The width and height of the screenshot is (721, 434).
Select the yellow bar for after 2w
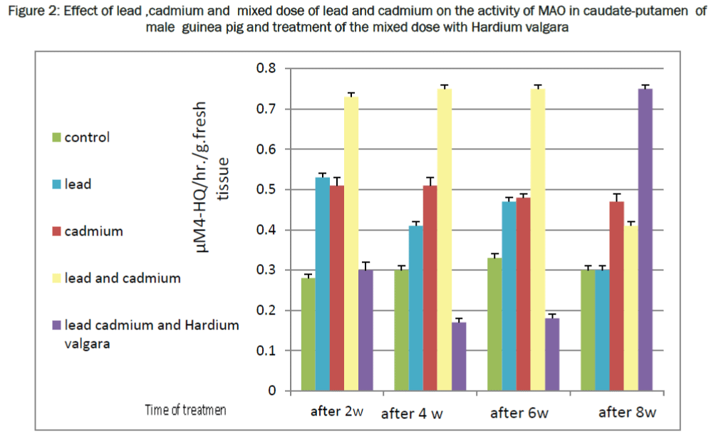[x=351, y=243]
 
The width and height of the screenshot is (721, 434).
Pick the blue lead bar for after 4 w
[x=415, y=308]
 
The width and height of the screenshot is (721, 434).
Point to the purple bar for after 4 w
[x=459, y=356]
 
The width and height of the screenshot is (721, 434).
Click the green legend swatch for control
[x=58, y=137]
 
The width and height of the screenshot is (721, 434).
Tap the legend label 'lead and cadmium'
[x=122, y=278]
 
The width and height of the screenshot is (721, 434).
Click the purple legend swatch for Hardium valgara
[x=58, y=325]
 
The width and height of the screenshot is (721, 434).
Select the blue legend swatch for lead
[x=58, y=184]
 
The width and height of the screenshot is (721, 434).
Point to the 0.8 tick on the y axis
[x=266, y=69]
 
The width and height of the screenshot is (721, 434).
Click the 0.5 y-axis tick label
[x=266, y=190]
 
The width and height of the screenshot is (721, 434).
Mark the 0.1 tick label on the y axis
[x=266, y=351]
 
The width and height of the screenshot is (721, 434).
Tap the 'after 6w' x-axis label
[x=519, y=413]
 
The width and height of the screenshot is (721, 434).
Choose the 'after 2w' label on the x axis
[x=336, y=412]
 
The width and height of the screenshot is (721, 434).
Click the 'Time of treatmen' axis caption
[x=185, y=411]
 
